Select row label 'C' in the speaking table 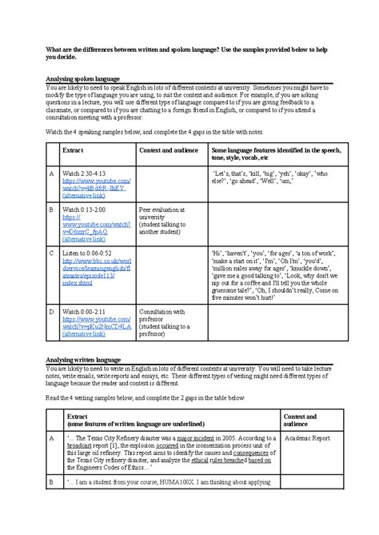point(51,253)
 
